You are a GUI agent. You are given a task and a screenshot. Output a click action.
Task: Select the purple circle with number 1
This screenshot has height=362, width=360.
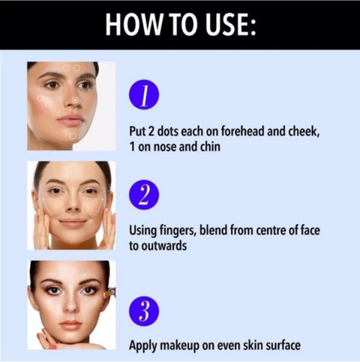(144, 94)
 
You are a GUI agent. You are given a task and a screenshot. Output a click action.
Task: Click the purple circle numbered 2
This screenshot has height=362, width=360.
(144, 195)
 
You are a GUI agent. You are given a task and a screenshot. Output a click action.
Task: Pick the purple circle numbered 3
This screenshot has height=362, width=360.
(144, 311)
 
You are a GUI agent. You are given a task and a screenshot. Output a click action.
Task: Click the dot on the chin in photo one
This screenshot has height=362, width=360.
(73, 136)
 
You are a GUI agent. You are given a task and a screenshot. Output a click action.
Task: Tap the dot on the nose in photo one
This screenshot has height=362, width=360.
(76, 100)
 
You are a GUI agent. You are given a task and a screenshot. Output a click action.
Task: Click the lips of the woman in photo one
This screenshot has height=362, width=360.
(70, 119)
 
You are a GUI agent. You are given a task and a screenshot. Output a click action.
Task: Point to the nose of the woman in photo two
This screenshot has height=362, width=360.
(73, 204)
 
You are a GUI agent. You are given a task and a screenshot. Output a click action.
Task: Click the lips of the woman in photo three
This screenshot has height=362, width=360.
(70, 325)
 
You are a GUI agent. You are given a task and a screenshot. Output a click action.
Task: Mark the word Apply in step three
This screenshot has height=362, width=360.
(143, 346)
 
